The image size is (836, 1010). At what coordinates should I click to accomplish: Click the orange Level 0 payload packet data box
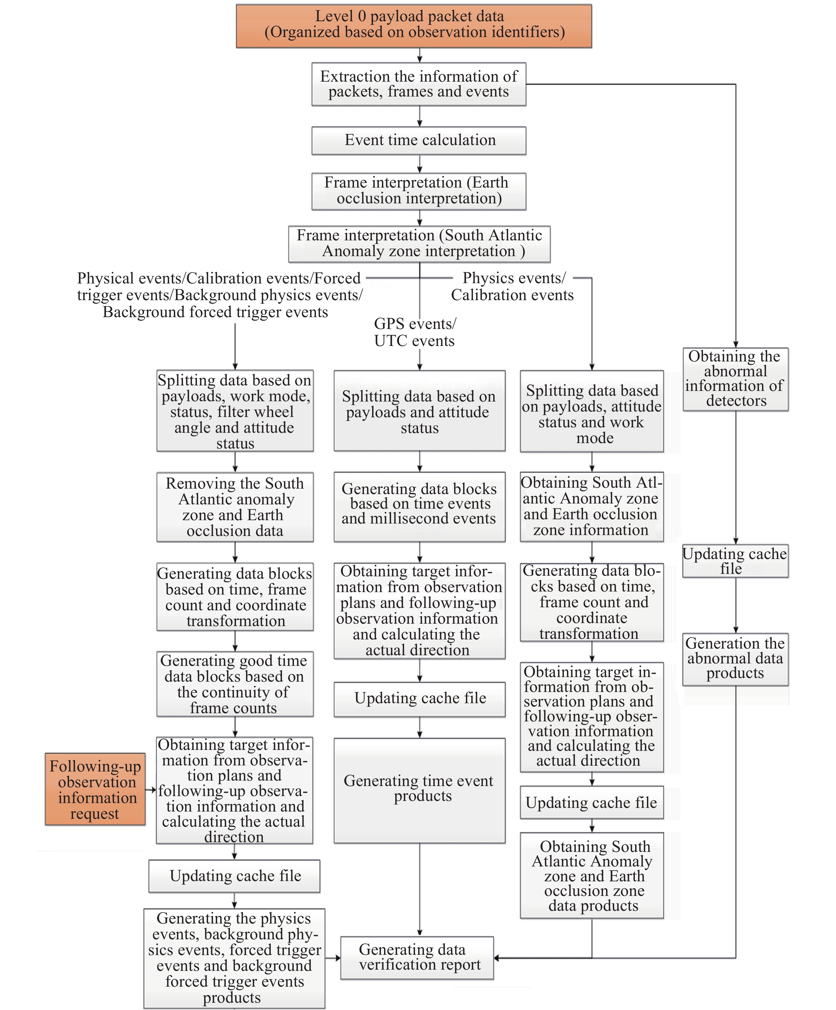pos(413,26)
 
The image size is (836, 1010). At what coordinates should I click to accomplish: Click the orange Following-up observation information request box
pos(95,789)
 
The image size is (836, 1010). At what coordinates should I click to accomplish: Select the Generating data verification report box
pos(417,957)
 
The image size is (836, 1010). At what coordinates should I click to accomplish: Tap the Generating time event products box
pos(419,790)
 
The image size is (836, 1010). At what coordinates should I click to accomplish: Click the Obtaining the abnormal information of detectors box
pos(735,379)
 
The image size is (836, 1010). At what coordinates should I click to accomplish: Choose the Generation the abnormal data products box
pos(735,659)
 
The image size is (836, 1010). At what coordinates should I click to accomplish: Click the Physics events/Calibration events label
pos(512,287)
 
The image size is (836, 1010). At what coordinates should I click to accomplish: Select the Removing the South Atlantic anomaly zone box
pos(234,507)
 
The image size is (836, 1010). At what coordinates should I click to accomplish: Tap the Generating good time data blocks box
pos(234,684)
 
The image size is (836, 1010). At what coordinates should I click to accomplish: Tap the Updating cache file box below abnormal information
pos(735,561)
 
